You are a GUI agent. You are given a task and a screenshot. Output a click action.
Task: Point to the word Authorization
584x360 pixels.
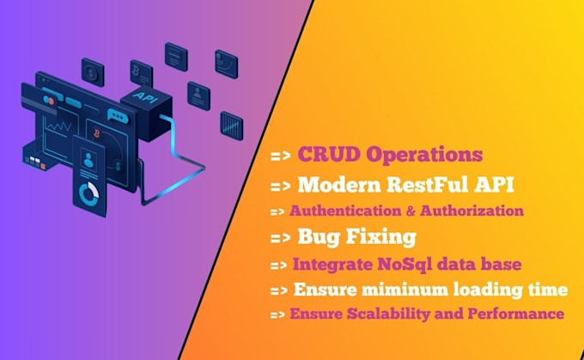tap(476, 210)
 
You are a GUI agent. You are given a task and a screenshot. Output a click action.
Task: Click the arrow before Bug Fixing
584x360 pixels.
tap(281, 236)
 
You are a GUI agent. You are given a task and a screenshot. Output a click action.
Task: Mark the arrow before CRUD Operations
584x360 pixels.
tap(281, 157)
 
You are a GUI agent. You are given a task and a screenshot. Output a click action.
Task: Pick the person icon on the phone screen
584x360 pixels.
tap(89, 160)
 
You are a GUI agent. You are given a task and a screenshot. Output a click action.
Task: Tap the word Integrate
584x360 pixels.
tap(332, 263)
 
